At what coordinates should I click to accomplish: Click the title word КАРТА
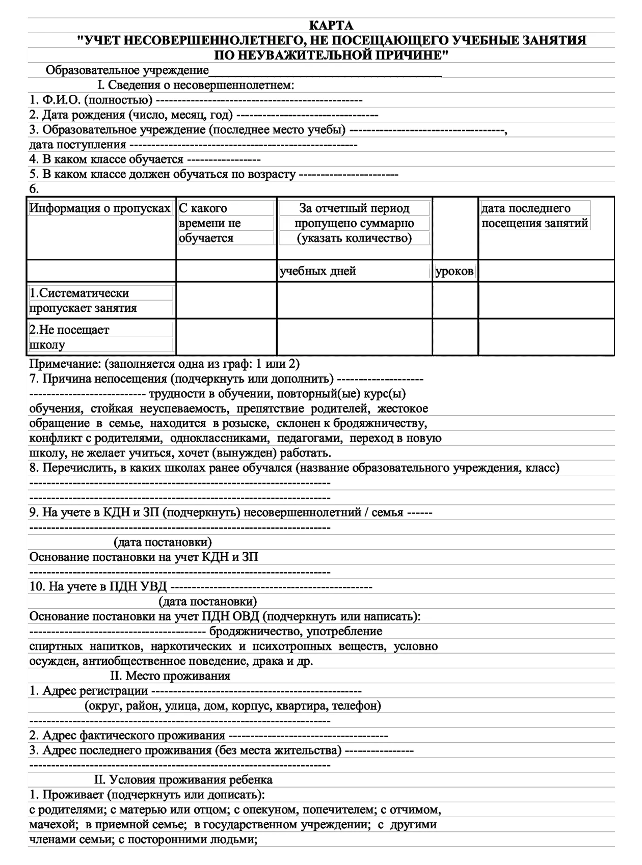pos(331,25)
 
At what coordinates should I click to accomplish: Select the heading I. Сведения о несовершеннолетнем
pos(196,85)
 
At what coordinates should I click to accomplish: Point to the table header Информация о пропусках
pos(100,208)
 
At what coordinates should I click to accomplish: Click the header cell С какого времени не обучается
pos(210,223)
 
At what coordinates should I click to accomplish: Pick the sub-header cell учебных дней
pos(317,271)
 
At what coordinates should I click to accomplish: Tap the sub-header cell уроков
pos(454,272)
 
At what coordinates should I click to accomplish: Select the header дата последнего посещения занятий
pos(534,215)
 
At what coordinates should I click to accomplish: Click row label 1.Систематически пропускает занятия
pos(83,301)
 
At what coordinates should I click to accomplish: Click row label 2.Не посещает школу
pos(69,337)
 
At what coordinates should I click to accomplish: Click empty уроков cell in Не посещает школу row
pos(455,337)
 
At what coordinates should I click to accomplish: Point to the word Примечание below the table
pos(65,364)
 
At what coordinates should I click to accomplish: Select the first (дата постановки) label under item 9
pos(163,542)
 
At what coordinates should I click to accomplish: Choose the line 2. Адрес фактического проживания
pos(127,736)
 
